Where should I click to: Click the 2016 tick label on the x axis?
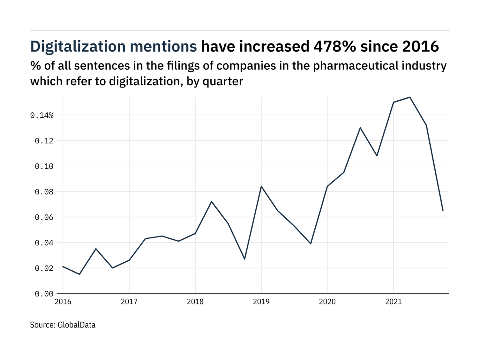coord(63,302)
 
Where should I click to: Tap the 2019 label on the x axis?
coord(261,302)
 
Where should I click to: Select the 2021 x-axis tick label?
coord(393,302)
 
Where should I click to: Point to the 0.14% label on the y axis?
coord(42,116)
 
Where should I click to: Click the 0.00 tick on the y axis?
coord(44,294)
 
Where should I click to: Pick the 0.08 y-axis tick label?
coord(44,192)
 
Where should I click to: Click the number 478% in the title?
coord(335,47)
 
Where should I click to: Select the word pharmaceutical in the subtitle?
coord(356,66)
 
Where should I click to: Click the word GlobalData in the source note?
coord(77,325)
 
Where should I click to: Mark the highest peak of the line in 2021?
coord(410,97)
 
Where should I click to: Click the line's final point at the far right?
coord(443,211)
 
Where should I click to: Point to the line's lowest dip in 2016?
coord(79,274)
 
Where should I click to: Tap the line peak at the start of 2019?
coord(261,186)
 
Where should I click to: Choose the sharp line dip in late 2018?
coord(245,259)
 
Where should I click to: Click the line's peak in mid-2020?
coord(360,128)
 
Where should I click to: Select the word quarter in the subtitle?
coord(223,82)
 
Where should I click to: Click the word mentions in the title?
coord(163,47)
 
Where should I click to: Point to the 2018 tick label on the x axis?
coord(195,302)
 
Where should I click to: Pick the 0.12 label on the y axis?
coord(44,141)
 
